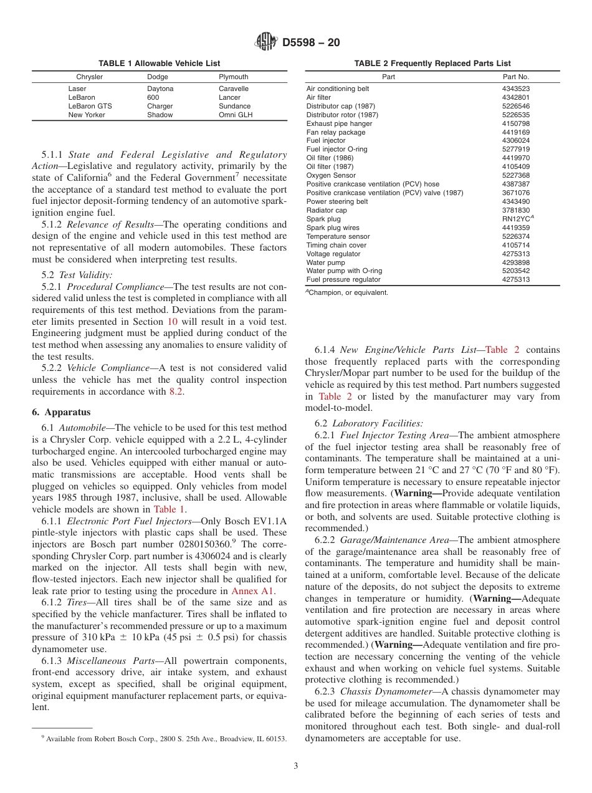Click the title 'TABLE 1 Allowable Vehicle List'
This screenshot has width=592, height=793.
click(159, 64)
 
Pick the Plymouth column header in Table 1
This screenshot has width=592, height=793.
click(233, 77)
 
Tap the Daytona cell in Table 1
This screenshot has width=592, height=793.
click(160, 89)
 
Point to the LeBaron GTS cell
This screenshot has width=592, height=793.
click(90, 106)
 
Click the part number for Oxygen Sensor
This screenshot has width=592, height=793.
click(515, 175)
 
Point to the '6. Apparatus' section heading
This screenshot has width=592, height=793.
click(61, 412)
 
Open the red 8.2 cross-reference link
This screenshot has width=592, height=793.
click(176, 392)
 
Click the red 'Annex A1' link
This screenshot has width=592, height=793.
click(252, 591)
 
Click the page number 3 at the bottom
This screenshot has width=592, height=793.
click(296, 766)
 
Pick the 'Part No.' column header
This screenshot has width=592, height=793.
click(515, 77)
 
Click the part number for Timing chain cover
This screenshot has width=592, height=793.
click(515, 245)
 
